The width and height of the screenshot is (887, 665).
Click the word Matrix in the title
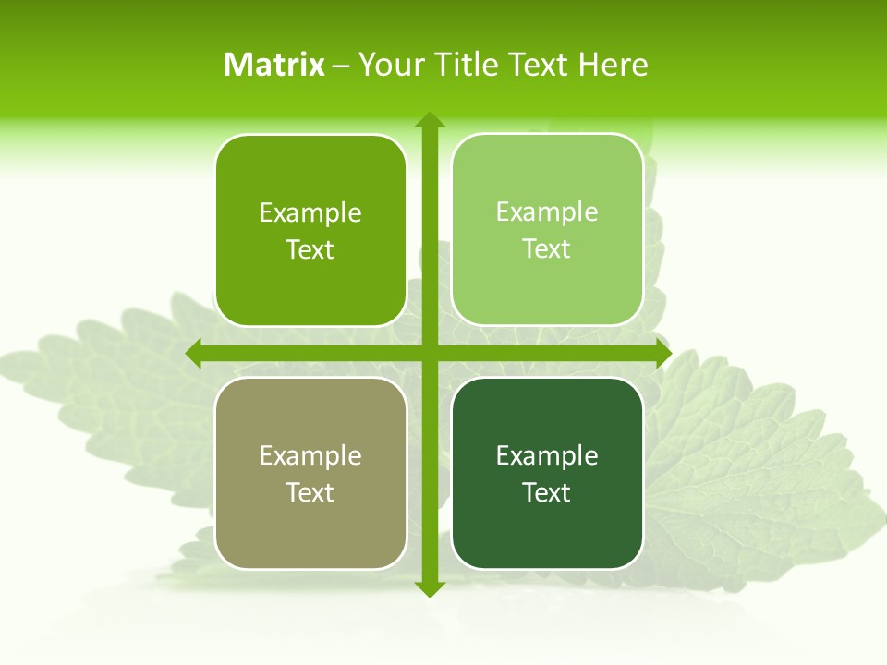[x=273, y=65]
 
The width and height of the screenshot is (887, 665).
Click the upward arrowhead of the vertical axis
[x=430, y=119]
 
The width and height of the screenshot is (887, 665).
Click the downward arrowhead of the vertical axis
[x=430, y=589]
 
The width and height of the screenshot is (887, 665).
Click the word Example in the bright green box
[x=310, y=213]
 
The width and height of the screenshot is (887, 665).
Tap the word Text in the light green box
[x=547, y=249]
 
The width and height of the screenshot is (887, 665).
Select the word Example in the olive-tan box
[x=310, y=455]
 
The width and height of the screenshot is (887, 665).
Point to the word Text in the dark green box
[x=547, y=492]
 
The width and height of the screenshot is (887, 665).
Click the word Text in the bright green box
[x=310, y=250]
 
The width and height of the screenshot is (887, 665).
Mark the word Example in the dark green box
[x=547, y=455]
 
